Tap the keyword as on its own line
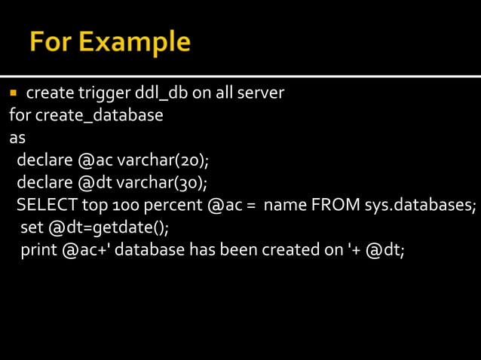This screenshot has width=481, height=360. (17, 139)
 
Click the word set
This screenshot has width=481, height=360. (31, 227)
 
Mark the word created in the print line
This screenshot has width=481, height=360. (291, 250)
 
